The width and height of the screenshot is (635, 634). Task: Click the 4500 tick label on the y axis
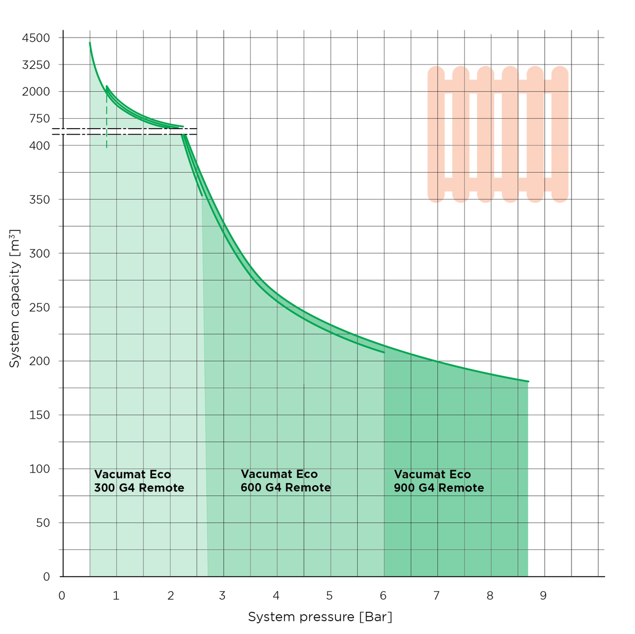click(x=36, y=38)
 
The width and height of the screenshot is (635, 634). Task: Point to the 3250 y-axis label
click(x=36, y=65)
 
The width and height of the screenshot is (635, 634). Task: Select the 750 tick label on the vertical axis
click(x=39, y=119)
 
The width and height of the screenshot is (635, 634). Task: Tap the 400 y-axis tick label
click(x=39, y=146)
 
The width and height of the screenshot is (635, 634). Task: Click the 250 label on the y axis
click(x=39, y=307)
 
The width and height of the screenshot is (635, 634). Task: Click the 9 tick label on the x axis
click(x=543, y=596)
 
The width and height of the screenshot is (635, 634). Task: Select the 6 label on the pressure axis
click(x=383, y=596)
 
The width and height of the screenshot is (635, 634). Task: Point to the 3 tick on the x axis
click(x=222, y=596)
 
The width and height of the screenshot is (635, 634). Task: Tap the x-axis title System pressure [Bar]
click(x=320, y=617)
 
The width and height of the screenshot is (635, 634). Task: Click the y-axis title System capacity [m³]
click(x=15, y=299)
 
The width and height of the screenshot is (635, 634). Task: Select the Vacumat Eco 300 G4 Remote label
click(x=139, y=481)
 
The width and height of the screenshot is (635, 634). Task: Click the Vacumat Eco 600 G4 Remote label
click(x=286, y=481)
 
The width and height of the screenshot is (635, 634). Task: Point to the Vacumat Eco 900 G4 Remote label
click(x=439, y=481)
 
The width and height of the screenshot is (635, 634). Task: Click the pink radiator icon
click(x=497, y=134)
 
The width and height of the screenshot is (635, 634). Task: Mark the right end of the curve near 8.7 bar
click(x=528, y=381)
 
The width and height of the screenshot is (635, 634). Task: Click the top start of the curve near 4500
click(x=90, y=43)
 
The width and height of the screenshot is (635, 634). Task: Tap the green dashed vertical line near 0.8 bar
click(x=106, y=127)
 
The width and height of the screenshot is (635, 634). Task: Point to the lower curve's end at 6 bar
click(x=384, y=352)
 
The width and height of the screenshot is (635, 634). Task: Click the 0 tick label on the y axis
click(x=47, y=577)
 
